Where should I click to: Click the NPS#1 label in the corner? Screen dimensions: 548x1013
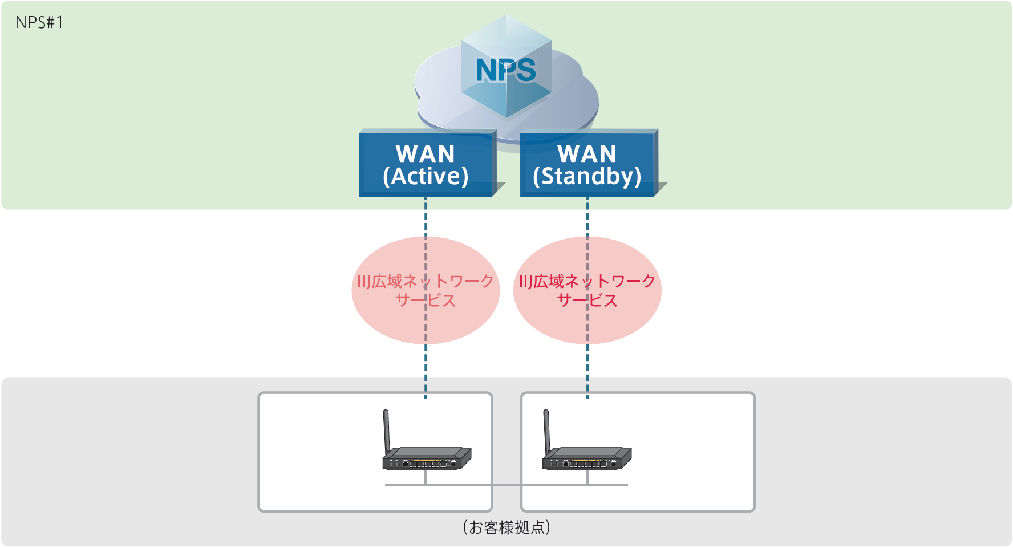pos(39,22)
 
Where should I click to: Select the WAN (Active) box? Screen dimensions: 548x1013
pos(426,164)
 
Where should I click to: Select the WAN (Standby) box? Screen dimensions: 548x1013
pos(587,164)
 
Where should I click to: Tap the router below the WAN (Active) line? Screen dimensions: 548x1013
pos(427,458)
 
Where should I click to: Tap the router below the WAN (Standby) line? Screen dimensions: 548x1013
pos(587,458)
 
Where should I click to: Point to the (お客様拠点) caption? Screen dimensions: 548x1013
pos(506,527)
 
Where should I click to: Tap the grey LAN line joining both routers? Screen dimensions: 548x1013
pos(506,485)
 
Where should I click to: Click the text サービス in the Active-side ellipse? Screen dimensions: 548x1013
pos(426,301)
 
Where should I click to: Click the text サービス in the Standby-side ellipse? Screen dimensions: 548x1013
pos(587,301)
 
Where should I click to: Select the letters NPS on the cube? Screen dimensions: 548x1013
pos(506,70)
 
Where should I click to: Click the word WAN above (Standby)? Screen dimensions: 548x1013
pos(587,153)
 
